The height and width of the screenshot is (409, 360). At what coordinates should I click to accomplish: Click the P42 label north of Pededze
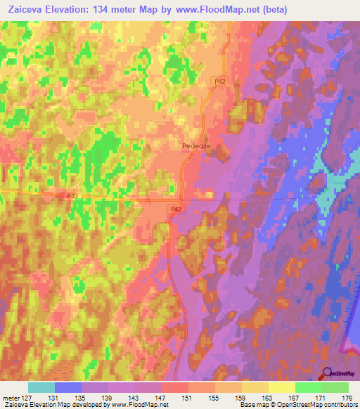point(220,82)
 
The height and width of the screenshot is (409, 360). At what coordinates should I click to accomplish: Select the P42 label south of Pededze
point(176,209)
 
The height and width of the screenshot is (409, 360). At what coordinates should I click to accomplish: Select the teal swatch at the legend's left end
point(41,387)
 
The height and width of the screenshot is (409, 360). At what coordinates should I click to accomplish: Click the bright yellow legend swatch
point(282,387)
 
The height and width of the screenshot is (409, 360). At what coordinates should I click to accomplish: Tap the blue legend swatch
point(68,387)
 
